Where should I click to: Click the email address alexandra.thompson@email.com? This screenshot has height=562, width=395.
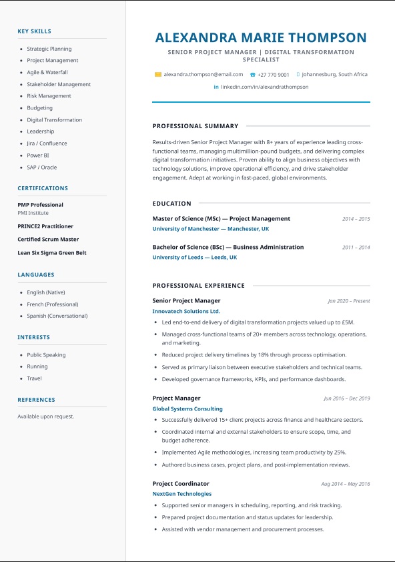[203, 75]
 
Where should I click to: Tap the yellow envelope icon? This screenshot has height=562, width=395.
[157, 75]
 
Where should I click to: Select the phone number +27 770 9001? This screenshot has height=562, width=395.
[274, 75]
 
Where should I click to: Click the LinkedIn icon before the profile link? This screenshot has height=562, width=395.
[216, 87]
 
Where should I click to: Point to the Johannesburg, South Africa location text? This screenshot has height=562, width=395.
[334, 75]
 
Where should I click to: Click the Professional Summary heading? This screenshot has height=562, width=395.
[195, 126]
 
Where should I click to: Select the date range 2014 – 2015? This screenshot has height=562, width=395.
[356, 219]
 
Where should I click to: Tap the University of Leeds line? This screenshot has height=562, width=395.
[194, 258]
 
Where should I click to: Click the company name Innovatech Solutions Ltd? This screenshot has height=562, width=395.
[186, 311]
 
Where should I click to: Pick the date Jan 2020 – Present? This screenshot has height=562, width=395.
[348, 301]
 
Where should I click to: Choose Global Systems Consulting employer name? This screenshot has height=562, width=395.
[187, 409]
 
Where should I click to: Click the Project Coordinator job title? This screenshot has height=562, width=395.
[181, 483]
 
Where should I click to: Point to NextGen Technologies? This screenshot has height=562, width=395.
[181, 494]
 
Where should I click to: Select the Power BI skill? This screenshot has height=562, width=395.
[38, 156]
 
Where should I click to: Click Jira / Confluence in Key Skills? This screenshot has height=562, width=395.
[47, 144]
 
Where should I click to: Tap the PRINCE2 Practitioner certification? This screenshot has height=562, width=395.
[45, 226]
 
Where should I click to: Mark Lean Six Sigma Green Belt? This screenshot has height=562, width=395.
[52, 253]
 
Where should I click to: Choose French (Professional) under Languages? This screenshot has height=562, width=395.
[53, 304]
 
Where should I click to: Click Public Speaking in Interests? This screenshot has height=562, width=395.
[46, 355]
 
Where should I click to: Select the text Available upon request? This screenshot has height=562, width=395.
[45, 416]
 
